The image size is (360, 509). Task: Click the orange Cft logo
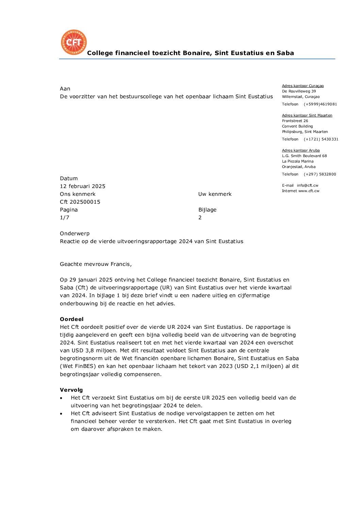coord(73,42)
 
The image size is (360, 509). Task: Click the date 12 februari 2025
coord(83,186)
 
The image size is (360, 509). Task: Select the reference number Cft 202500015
coord(80,202)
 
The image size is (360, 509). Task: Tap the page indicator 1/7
coord(64,218)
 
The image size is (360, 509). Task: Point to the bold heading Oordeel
coord(71,319)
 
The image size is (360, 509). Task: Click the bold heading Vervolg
coord(71,390)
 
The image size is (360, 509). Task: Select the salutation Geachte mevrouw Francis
coord(96,264)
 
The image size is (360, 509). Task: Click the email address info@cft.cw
coord(307,185)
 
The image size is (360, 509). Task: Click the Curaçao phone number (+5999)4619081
coord(320,104)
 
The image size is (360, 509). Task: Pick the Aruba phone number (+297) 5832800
coord(320,174)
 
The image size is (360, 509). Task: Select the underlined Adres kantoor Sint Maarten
coord(307,115)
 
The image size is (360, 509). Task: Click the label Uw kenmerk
coord(215,194)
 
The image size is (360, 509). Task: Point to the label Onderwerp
coord(75,234)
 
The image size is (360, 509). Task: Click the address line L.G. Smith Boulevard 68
coord(304,156)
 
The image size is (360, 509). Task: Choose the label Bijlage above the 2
coord(207,210)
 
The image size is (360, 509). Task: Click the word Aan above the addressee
coord(65,89)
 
